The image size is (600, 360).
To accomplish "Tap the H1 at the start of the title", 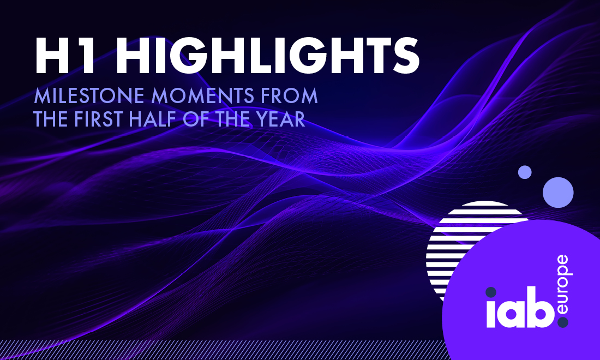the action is [x=64, y=56].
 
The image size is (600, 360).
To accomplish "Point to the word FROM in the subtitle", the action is [x=290, y=95].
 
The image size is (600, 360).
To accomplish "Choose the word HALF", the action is [x=152, y=119].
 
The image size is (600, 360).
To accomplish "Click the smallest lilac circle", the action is [x=525, y=172].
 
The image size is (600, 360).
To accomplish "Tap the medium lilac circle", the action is [x=558, y=193].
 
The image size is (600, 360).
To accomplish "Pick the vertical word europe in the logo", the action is [x=563, y=285].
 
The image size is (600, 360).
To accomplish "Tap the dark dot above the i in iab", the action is [x=491, y=292].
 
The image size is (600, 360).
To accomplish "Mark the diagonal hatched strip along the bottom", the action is [x=222, y=350].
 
